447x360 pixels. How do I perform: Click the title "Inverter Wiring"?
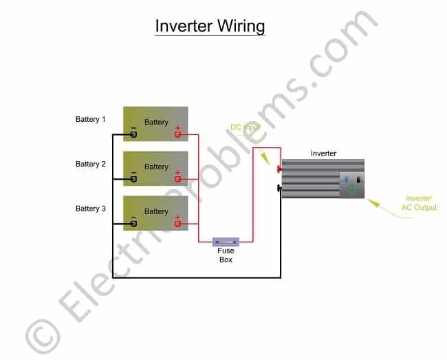[x=210, y=26]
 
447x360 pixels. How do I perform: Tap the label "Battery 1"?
[x=91, y=119]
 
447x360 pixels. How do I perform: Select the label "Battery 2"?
[x=91, y=164]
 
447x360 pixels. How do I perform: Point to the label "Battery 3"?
[x=91, y=208]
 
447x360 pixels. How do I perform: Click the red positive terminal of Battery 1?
[x=177, y=134]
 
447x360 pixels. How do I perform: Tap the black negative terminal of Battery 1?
[x=133, y=134]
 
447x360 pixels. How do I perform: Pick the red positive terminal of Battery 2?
[x=177, y=179]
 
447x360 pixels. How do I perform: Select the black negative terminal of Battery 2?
[x=133, y=179]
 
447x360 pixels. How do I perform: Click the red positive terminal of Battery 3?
[x=177, y=224]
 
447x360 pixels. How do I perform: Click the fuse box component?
[x=226, y=242]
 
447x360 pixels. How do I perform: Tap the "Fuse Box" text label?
[x=226, y=255]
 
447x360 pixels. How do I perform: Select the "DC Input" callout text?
[x=246, y=128]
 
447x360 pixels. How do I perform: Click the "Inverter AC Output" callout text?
[x=418, y=203]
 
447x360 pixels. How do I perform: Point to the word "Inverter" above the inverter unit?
[x=323, y=153]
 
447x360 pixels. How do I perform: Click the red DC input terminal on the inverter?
[x=279, y=169]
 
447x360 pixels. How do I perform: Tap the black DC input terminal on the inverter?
[x=279, y=187]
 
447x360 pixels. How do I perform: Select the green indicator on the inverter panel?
[x=352, y=191]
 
